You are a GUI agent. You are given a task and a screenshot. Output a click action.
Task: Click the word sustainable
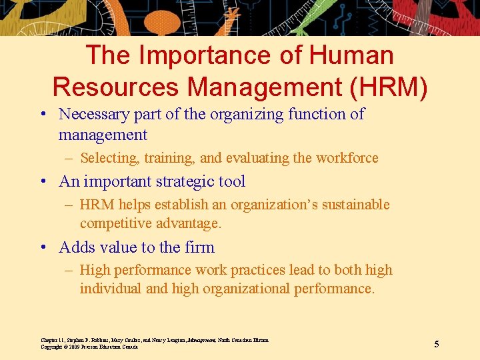click(356, 204)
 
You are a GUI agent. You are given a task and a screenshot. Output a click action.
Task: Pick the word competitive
click(115, 223)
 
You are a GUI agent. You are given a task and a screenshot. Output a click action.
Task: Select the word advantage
click(189, 224)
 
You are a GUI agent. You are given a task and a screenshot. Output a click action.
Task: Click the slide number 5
click(437, 344)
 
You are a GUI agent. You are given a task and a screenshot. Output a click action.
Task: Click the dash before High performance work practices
click(69, 270)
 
